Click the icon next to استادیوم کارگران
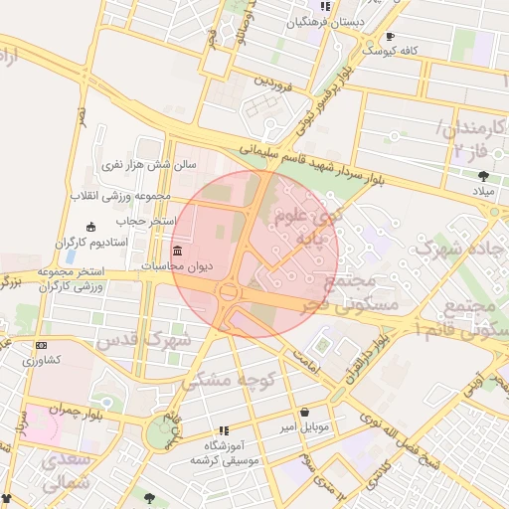91,227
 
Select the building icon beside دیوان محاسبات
178,250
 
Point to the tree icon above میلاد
483,176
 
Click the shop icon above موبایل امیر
303,413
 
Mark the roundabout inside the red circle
230,292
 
